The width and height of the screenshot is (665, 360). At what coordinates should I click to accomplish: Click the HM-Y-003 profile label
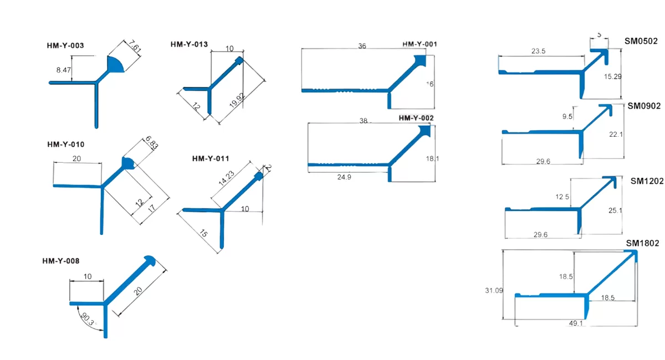tap(65, 45)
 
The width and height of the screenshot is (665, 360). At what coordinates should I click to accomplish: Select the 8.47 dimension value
tap(64, 70)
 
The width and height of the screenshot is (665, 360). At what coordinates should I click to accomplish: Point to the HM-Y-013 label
tap(189, 44)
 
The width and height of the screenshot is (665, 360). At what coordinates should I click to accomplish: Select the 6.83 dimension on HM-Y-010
tap(151, 143)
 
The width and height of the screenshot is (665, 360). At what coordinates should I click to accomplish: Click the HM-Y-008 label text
tap(60, 261)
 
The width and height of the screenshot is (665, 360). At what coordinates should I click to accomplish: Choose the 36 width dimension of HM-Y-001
tap(362, 47)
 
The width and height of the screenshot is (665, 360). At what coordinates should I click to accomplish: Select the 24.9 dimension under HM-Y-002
tap(344, 177)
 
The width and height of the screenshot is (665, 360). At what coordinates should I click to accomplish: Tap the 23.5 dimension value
tap(538, 51)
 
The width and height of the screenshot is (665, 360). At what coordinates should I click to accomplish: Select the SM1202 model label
tap(647, 181)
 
